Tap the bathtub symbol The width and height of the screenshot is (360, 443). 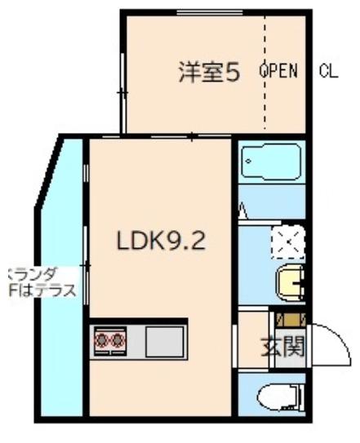coord(270,162)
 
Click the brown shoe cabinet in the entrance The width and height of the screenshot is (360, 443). coord(291,320)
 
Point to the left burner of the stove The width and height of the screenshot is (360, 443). coord(102,339)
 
